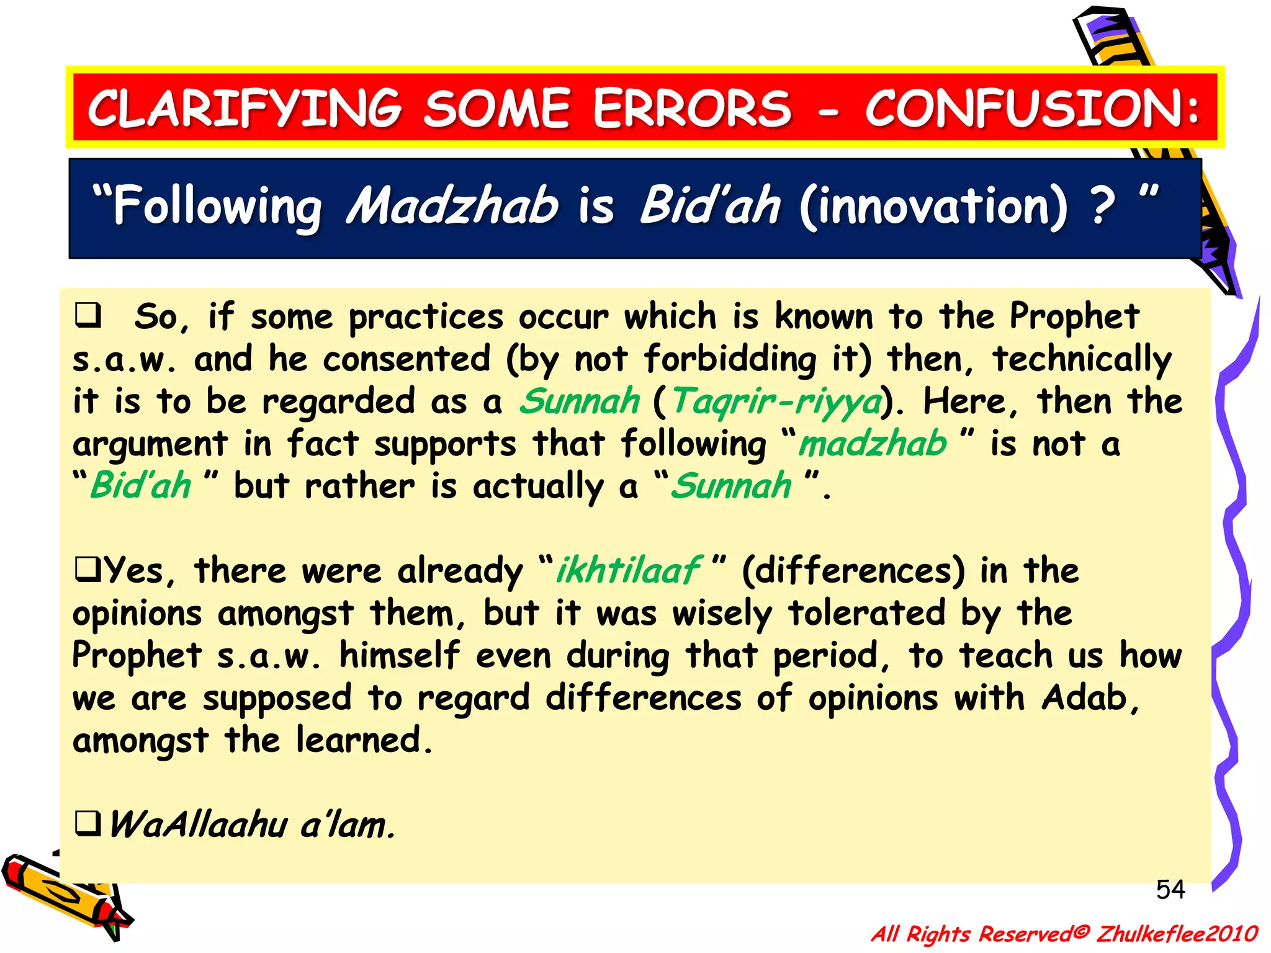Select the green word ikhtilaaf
(x=628, y=570)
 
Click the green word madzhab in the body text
(x=872, y=444)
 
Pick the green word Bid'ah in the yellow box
(x=141, y=486)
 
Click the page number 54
(x=1170, y=890)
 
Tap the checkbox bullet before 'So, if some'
(x=88, y=315)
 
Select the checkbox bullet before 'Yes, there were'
(x=88, y=569)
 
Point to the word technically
(x=1082, y=360)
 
